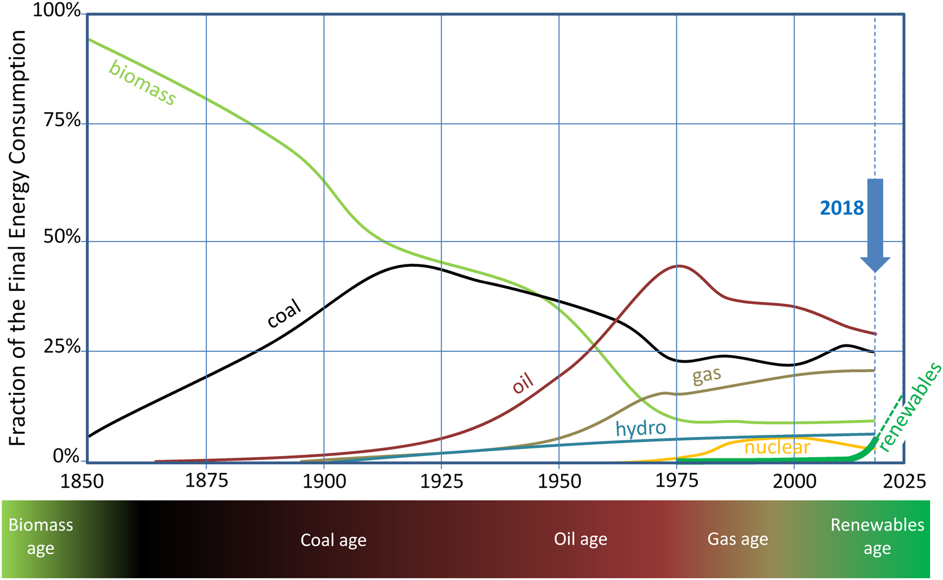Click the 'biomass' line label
(x=142, y=83)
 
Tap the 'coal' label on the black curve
(x=284, y=313)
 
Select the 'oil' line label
(x=523, y=383)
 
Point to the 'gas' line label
(x=706, y=375)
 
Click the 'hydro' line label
(x=640, y=428)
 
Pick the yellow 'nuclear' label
(x=777, y=448)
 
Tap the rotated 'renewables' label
(x=911, y=407)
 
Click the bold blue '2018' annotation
(x=841, y=208)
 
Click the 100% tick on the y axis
(x=56, y=10)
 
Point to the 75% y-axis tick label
(x=62, y=120)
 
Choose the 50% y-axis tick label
(x=62, y=237)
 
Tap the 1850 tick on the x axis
(x=82, y=481)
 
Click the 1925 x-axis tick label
(x=442, y=481)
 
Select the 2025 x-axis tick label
(x=904, y=481)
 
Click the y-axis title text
(x=17, y=238)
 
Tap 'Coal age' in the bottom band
(x=333, y=540)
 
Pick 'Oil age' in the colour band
(x=580, y=539)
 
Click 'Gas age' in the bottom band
(x=737, y=539)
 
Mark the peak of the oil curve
(x=679, y=266)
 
